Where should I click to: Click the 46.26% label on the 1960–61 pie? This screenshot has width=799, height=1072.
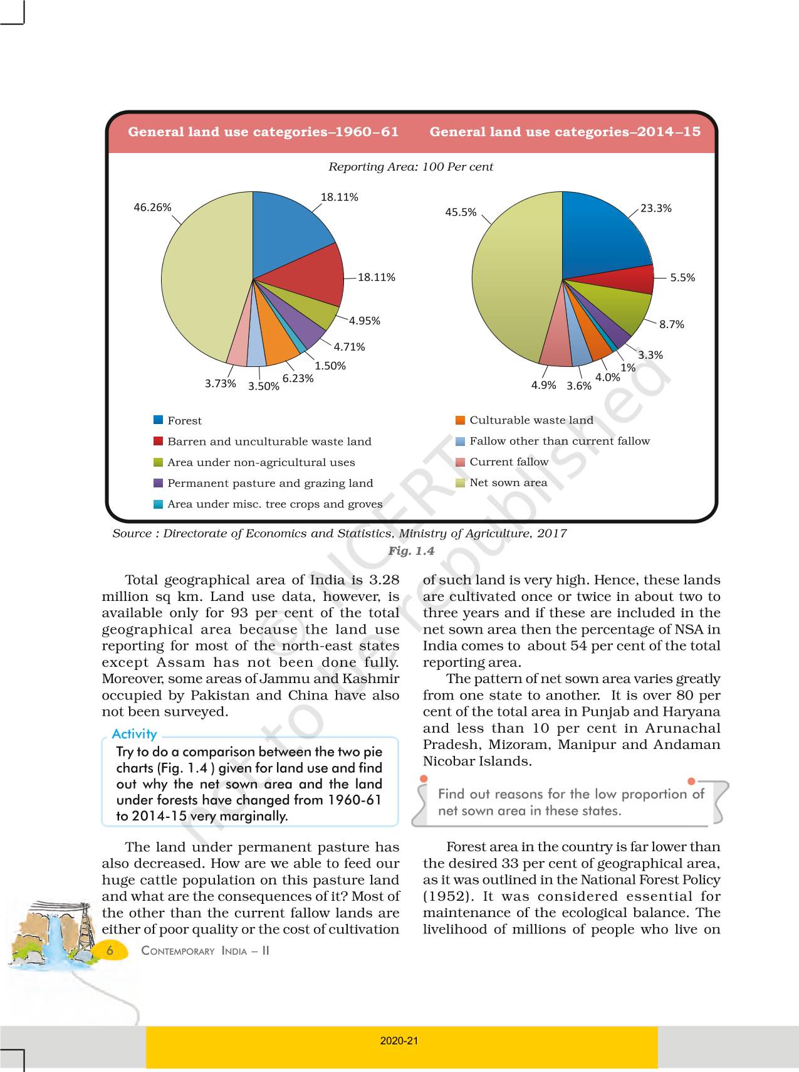click(152, 208)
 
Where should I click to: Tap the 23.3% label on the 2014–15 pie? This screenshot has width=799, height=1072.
click(655, 208)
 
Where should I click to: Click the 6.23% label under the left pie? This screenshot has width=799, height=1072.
click(298, 378)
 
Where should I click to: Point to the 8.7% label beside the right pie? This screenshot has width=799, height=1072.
click(671, 324)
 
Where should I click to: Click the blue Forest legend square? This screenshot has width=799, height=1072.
click(159, 420)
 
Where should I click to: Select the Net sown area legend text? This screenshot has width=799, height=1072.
click(508, 482)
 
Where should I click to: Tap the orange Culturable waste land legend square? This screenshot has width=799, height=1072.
click(461, 420)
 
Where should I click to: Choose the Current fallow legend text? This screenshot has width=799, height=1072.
click(509, 462)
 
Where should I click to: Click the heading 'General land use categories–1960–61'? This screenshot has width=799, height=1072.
click(263, 132)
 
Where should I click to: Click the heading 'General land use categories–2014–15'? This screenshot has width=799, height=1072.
click(565, 132)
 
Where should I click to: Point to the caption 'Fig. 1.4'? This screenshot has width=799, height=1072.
click(411, 551)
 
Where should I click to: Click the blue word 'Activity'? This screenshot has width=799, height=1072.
click(134, 734)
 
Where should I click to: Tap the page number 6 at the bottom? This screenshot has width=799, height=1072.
click(110, 950)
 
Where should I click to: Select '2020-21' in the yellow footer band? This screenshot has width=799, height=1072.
click(399, 1041)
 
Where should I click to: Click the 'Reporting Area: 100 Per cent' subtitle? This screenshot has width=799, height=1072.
click(410, 167)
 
